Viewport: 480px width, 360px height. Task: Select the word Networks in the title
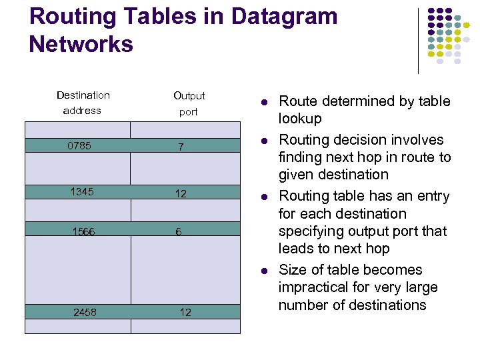coord(81,45)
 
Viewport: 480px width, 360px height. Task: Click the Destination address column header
coord(83,103)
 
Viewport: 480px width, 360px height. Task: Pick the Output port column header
coord(189,103)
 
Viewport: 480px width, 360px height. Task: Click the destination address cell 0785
coord(79,145)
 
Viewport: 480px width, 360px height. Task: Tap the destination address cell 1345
coord(81,192)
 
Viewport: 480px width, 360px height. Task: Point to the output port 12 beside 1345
coord(181,193)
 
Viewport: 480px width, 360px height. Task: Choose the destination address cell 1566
coord(83,231)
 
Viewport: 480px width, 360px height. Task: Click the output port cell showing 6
coord(179,231)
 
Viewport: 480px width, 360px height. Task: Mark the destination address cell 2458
coord(85,311)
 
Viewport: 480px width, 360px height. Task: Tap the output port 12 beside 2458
coord(185,312)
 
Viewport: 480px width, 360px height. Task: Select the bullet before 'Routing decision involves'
coord(264,141)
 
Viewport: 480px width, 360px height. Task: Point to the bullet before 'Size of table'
coord(264,271)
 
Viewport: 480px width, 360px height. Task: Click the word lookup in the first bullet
coord(300,119)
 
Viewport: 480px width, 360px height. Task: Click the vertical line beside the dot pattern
coord(418,40)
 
